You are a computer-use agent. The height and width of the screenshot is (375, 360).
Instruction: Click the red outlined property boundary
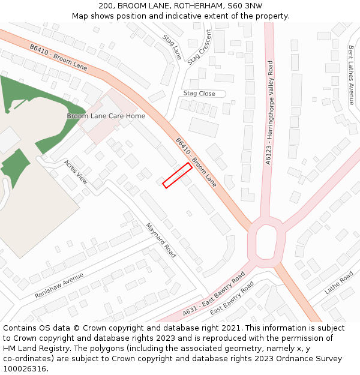(177, 175)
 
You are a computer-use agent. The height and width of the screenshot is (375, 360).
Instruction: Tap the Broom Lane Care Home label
(106, 116)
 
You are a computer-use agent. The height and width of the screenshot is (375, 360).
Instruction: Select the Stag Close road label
(199, 94)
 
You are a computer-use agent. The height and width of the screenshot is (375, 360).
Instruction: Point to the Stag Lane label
(172, 46)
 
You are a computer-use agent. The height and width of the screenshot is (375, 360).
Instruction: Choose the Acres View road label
(76, 172)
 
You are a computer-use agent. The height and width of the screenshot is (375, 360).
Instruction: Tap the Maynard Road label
(161, 240)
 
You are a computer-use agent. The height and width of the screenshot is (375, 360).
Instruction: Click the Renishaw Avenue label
(59, 286)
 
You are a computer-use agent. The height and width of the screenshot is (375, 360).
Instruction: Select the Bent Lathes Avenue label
(352, 75)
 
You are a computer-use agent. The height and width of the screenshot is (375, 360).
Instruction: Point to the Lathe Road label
(339, 282)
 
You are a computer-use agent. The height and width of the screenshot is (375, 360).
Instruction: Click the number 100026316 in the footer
(25, 368)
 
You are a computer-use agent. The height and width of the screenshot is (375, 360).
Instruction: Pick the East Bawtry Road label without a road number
(232, 298)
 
